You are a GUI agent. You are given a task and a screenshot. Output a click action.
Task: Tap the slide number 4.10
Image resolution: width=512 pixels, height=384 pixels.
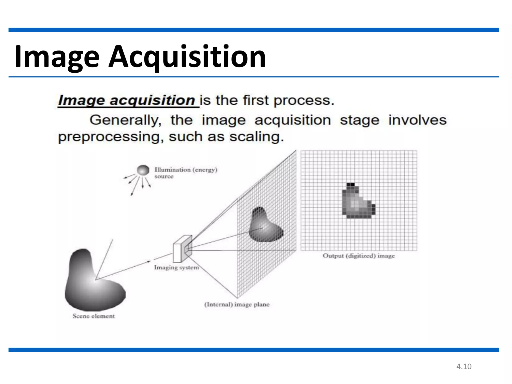pyautogui.click(x=464, y=366)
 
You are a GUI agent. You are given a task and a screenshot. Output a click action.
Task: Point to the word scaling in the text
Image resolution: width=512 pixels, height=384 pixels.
pyautogui.click(x=256, y=137)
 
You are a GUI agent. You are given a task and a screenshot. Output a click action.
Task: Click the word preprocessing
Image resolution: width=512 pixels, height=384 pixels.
pyautogui.click(x=109, y=137)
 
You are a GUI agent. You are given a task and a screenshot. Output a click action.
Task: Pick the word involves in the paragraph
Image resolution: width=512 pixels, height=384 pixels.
pyautogui.click(x=417, y=120)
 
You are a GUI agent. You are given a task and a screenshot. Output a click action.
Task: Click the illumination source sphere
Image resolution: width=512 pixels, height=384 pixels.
pyautogui.click(x=143, y=170)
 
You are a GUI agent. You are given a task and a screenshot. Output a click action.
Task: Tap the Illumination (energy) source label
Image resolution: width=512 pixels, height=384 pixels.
pyautogui.click(x=185, y=173)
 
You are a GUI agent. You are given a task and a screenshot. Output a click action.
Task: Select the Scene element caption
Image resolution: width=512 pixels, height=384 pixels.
pyautogui.click(x=94, y=316)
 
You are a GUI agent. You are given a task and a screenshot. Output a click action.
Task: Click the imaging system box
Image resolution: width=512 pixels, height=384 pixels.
pyautogui.click(x=182, y=249)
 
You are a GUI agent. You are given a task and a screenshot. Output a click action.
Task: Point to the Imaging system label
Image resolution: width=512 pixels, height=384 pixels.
pyautogui.click(x=176, y=267)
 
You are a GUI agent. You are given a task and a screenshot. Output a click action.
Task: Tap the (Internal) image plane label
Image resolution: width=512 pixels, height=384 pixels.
pyautogui.click(x=237, y=304)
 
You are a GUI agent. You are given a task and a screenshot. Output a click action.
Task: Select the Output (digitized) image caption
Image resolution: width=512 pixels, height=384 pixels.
pyautogui.click(x=358, y=256)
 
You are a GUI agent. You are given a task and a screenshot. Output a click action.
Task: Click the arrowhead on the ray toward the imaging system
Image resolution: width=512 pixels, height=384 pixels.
pyautogui.click(x=148, y=261)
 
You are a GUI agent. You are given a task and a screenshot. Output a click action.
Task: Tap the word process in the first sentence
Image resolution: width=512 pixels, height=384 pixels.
pyautogui.click(x=303, y=100)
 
